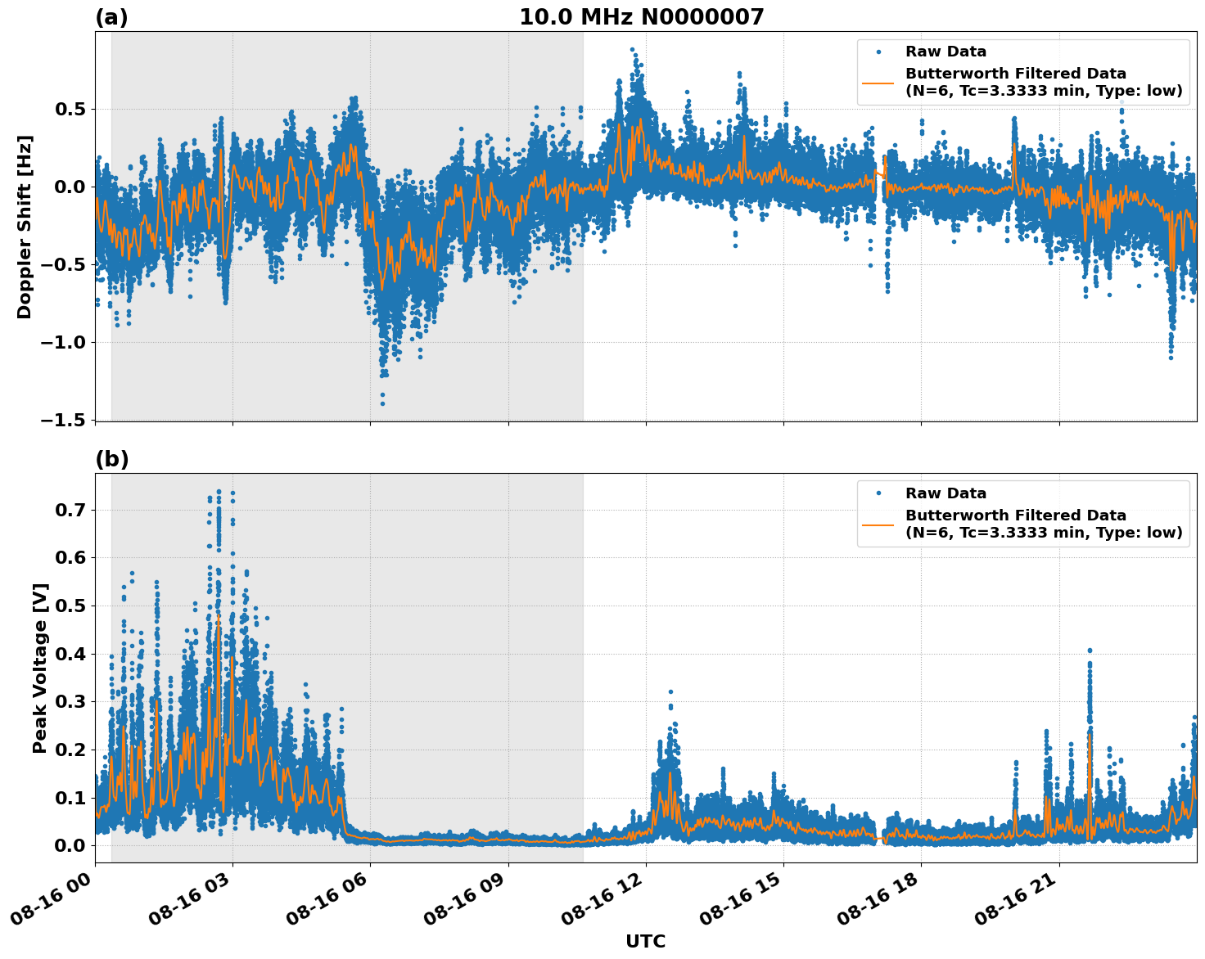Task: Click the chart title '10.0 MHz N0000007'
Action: (641, 17)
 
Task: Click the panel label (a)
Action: (111, 17)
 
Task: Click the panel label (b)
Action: (111, 459)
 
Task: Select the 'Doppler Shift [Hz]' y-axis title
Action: (25, 227)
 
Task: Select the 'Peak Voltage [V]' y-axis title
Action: (40, 668)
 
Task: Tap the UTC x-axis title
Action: (645, 941)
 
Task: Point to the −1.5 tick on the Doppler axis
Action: (64, 420)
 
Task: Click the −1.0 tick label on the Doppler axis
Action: (64, 342)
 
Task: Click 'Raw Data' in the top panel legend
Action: (945, 52)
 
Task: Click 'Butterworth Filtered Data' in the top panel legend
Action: (1015, 74)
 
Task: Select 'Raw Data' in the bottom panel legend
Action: (945, 493)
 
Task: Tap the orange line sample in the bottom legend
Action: (878, 525)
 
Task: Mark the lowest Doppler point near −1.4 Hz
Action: (382, 403)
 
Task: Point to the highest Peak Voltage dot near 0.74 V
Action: (219, 492)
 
